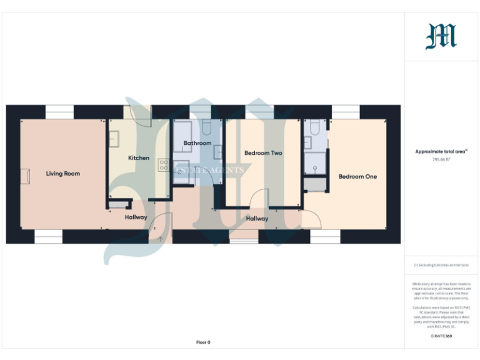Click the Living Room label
[63, 173]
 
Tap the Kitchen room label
[139, 158]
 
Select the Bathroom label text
[197, 143]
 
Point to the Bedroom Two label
[263, 152]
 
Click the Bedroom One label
[357, 176]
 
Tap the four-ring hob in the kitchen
[164, 165]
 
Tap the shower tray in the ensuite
[314, 164]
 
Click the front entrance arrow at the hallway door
[161, 238]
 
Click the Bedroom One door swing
[311, 219]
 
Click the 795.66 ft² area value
[441, 159]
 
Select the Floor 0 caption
[203, 342]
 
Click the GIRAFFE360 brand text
[441, 336]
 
